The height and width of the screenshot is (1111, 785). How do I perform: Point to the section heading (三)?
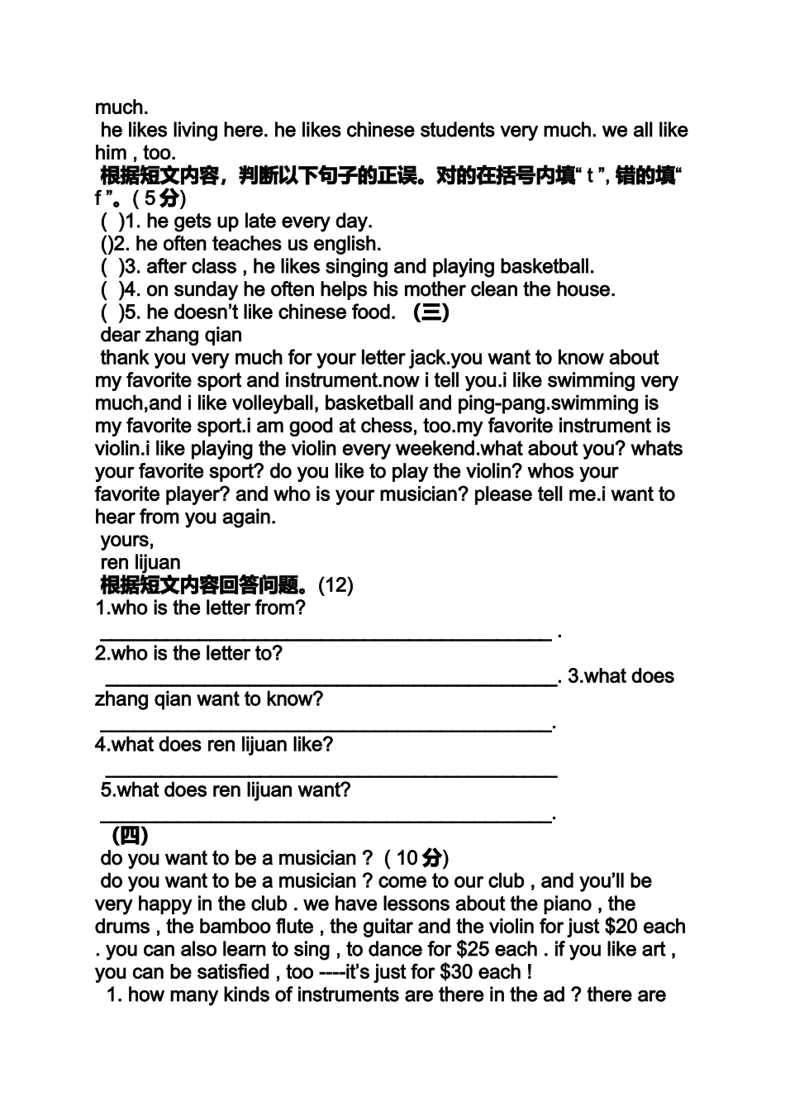pos(431,312)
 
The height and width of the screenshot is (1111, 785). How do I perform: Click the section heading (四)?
pos(130,834)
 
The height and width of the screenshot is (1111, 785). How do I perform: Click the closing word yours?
pos(126,541)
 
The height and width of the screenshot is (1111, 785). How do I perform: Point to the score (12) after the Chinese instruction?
pos(335,586)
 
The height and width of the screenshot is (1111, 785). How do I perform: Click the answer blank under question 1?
pos(326,635)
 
